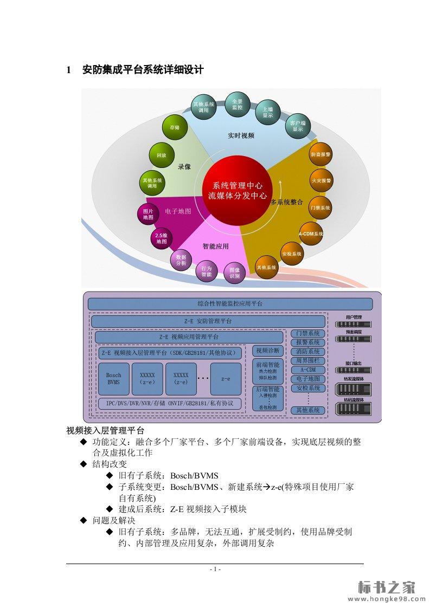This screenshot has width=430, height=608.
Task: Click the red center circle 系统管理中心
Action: (x=237, y=190)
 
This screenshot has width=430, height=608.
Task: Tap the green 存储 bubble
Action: (x=175, y=127)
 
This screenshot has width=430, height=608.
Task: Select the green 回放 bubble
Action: (x=162, y=155)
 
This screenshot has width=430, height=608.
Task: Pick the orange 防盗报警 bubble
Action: (x=320, y=154)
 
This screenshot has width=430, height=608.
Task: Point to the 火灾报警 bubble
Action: (x=321, y=180)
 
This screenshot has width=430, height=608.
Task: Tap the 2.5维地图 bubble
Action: (x=162, y=238)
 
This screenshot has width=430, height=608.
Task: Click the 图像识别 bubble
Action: (x=234, y=272)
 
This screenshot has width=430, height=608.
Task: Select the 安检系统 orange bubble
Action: (x=292, y=253)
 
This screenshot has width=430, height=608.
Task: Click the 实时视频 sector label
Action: (x=241, y=136)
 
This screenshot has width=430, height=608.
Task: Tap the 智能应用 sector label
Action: (x=215, y=246)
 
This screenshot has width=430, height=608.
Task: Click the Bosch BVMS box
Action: (x=114, y=378)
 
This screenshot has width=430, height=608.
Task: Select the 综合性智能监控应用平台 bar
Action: (x=230, y=304)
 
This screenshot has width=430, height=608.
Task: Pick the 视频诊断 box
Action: (x=268, y=351)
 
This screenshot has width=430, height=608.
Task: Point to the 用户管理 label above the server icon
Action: (x=354, y=317)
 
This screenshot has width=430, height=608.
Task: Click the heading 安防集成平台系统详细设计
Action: (x=143, y=70)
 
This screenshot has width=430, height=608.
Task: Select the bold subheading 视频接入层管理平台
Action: (x=105, y=431)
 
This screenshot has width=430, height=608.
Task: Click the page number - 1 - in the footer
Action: (x=215, y=569)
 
